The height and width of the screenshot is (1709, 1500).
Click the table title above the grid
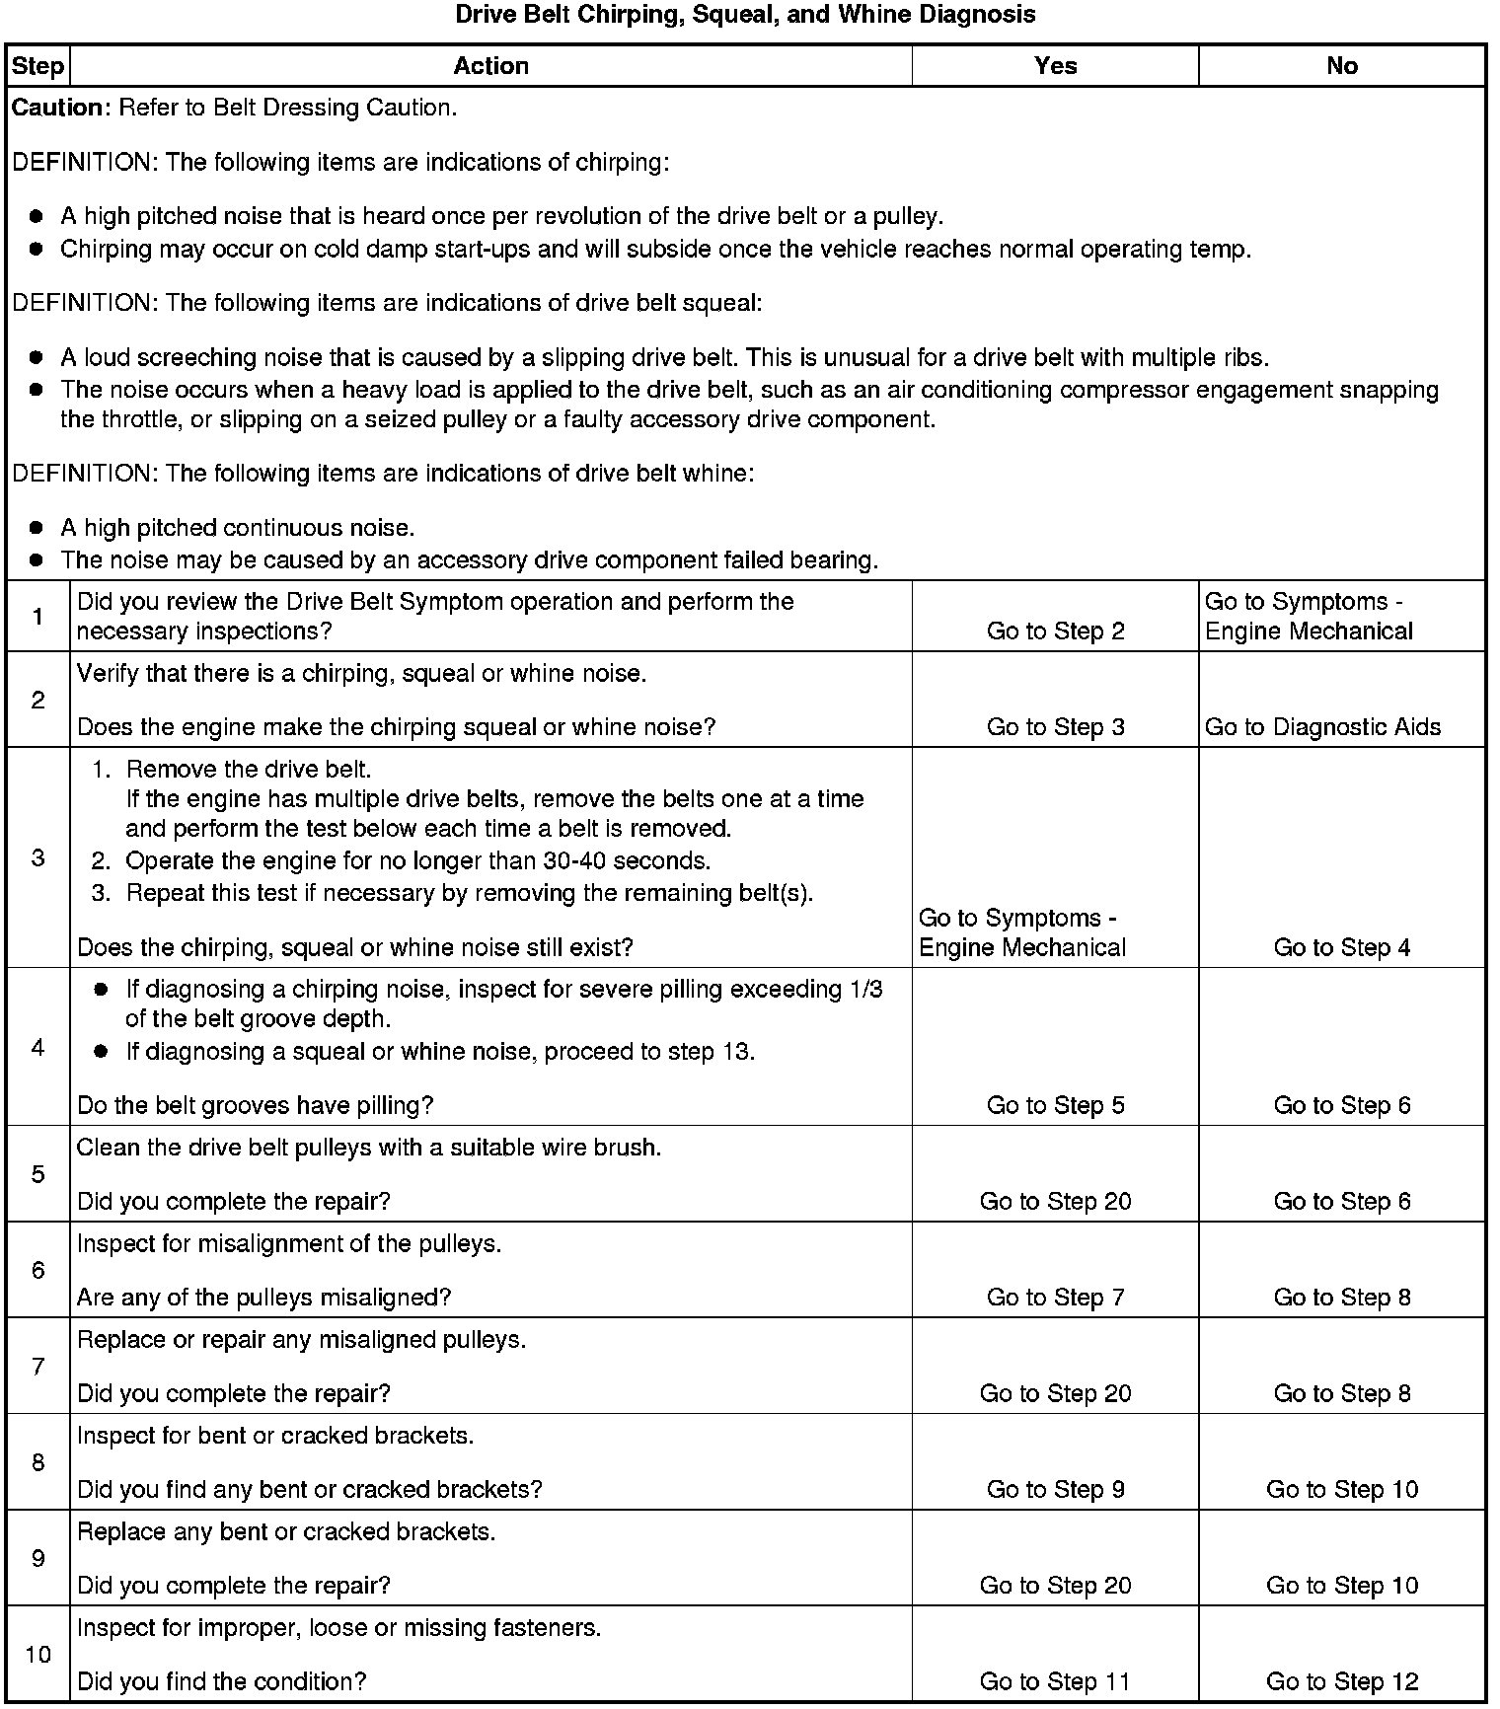745,15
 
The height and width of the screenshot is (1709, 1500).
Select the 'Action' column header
490,66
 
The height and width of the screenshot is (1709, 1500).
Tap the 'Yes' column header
1055,66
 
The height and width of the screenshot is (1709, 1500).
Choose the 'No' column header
1341,66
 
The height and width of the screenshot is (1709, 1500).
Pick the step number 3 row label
37,857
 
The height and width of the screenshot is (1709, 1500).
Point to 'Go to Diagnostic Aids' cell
1322,727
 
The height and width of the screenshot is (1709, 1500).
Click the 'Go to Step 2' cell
1055,632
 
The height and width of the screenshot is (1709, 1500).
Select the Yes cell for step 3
1021,932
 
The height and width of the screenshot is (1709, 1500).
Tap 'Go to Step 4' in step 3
1341,948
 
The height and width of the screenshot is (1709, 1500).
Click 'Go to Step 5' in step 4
1055,1106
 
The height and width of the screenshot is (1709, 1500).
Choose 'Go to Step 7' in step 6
1055,1298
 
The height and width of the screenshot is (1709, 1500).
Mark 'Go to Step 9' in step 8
1055,1489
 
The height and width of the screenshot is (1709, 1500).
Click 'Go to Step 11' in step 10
1055,1681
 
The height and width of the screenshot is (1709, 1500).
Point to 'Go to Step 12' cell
1341,1681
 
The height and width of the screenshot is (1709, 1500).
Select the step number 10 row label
37,1655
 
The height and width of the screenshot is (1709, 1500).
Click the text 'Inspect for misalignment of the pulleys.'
289,1244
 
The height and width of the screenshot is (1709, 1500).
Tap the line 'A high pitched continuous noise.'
237,528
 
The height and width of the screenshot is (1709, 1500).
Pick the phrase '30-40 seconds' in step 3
625,861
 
